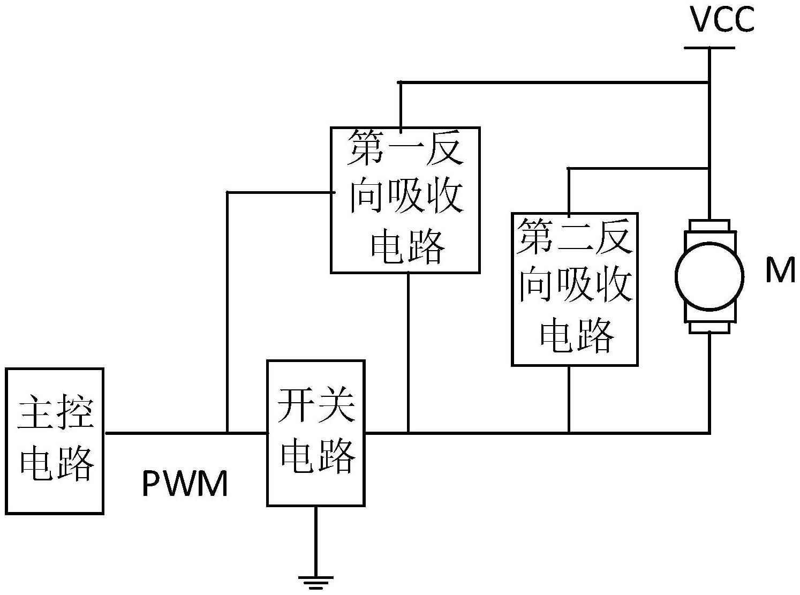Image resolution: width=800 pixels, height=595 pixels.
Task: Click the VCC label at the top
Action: (x=722, y=20)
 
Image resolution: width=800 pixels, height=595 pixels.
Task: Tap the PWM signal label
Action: (x=185, y=484)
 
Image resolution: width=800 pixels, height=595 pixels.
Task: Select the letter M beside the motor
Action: (x=780, y=270)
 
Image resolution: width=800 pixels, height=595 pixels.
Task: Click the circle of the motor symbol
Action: (x=710, y=276)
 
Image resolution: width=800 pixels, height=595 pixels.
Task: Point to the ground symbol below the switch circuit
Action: (x=316, y=581)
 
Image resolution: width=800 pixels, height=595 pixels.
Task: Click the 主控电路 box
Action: (x=55, y=441)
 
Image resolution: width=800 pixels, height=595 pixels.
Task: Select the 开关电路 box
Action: (x=316, y=433)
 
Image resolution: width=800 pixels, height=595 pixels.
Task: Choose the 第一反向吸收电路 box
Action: (x=405, y=200)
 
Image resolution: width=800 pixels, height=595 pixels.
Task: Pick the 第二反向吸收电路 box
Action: (x=575, y=289)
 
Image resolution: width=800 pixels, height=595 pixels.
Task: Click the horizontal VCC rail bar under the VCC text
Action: (x=710, y=48)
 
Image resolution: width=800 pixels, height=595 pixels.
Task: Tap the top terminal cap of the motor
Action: (x=710, y=225)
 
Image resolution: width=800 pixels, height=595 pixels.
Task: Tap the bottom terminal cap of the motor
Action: (x=710, y=327)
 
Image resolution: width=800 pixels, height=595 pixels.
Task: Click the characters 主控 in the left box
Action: (x=55, y=414)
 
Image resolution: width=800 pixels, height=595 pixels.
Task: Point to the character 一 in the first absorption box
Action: (x=405, y=152)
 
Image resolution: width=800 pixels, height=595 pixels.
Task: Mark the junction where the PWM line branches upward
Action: (x=228, y=432)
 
